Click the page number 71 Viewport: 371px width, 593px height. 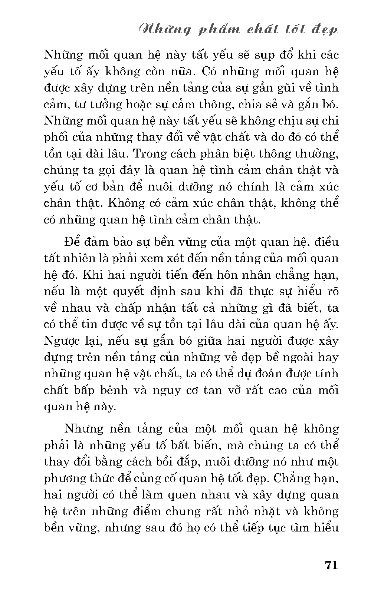331,565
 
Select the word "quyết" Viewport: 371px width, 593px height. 125,292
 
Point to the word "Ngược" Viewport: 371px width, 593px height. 61,341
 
